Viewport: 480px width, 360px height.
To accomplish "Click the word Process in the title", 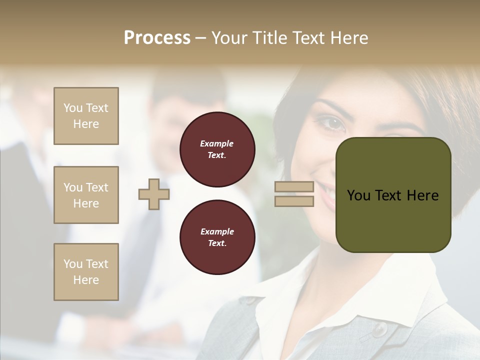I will (157, 38).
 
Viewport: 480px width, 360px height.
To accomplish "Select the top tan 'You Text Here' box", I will (86, 116).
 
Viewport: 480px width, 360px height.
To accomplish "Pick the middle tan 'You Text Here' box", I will (86, 195).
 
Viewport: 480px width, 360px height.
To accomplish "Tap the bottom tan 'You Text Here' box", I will (86, 272).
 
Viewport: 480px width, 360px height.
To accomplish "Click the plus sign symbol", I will (154, 194).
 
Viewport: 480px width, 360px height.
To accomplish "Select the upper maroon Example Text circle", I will (217, 149).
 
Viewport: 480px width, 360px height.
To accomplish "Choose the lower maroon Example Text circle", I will (217, 237).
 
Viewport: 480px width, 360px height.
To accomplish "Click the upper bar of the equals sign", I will (294, 187).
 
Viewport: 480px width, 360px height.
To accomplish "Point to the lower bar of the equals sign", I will (294, 201).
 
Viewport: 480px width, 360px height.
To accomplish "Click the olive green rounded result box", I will (393, 220).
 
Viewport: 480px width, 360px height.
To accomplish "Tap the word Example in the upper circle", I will (217, 143).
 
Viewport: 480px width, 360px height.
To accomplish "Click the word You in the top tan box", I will (73, 108).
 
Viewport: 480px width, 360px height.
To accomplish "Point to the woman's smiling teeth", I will (325, 192).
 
